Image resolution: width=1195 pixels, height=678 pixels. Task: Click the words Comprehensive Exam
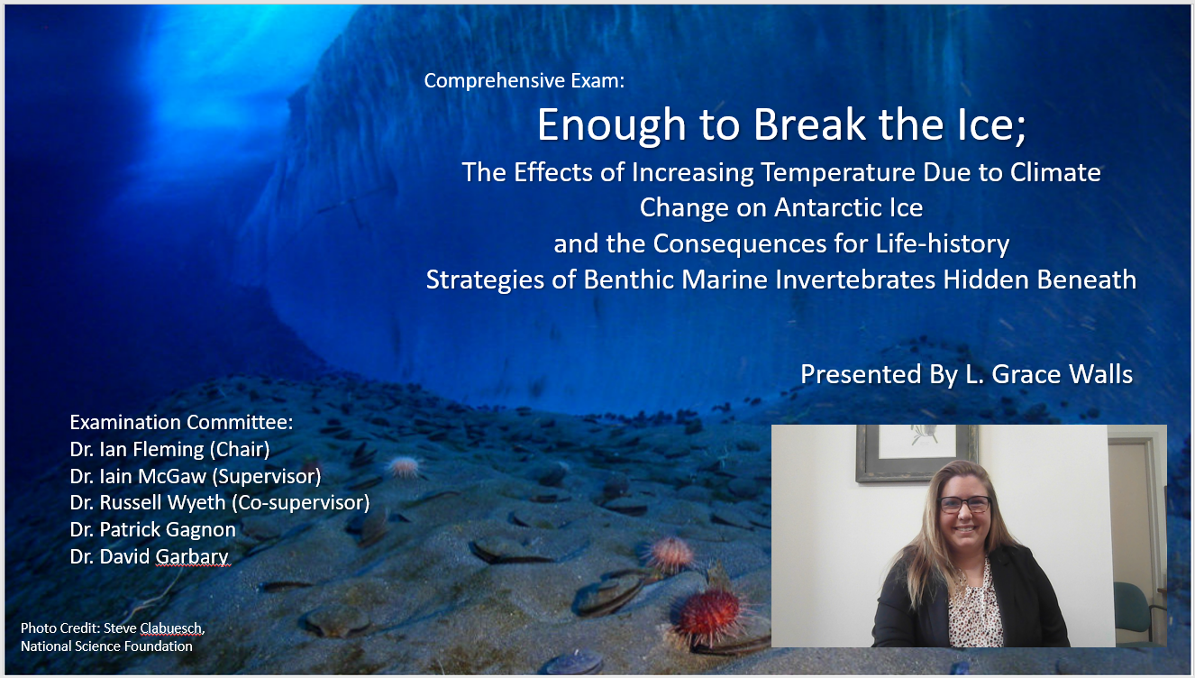pyautogui.click(x=524, y=80)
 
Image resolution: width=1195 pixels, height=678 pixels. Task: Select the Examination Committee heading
pyautogui.click(x=182, y=422)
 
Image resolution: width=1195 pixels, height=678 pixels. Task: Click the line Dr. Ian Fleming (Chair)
pyautogui.click(x=169, y=449)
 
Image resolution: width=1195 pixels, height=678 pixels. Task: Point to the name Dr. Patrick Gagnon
pyautogui.click(x=152, y=529)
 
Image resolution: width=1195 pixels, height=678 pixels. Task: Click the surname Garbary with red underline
pyautogui.click(x=192, y=556)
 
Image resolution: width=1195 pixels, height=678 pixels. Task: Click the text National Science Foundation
pyautogui.click(x=106, y=646)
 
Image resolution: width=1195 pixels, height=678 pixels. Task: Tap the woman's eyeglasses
pyautogui.click(x=964, y=504)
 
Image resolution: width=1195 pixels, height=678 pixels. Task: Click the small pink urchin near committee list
pyautogui.click(x=405, y=466)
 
